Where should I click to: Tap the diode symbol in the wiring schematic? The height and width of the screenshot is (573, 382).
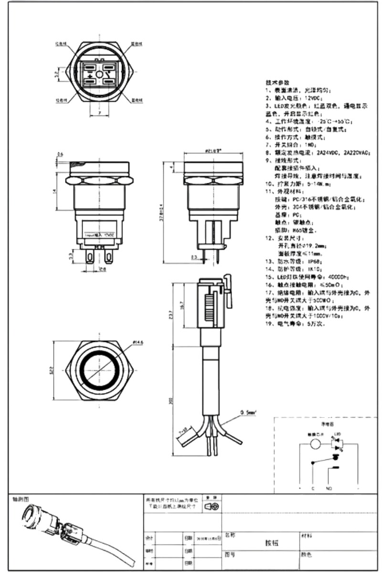[338, 445]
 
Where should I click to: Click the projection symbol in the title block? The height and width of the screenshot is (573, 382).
[212, 506]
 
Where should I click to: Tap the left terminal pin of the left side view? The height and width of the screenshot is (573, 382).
[89, 258]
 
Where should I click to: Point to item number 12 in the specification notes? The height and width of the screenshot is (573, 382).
[269, 237]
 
